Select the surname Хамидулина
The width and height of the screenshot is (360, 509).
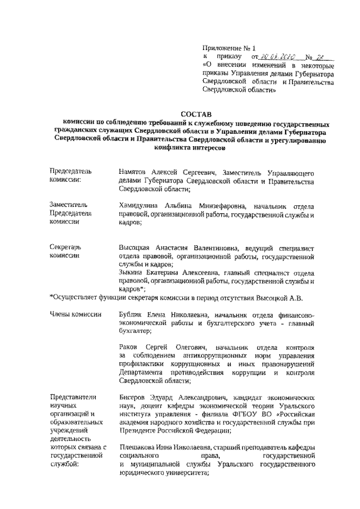(140, 205)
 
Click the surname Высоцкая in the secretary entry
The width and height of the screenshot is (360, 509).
(137, 247)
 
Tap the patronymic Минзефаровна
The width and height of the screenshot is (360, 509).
(217, 205)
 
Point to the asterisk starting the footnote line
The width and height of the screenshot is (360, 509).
(52, 296)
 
